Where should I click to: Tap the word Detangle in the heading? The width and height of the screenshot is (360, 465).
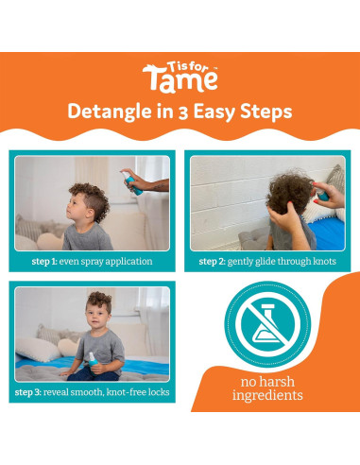(x=103, y=112)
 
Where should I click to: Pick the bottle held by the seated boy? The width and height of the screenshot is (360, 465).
(x=91, y=357)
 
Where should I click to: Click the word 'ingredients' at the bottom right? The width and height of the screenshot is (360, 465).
(x=267, y=396)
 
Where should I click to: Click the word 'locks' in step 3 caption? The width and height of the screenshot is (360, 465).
(x=155, y=391)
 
